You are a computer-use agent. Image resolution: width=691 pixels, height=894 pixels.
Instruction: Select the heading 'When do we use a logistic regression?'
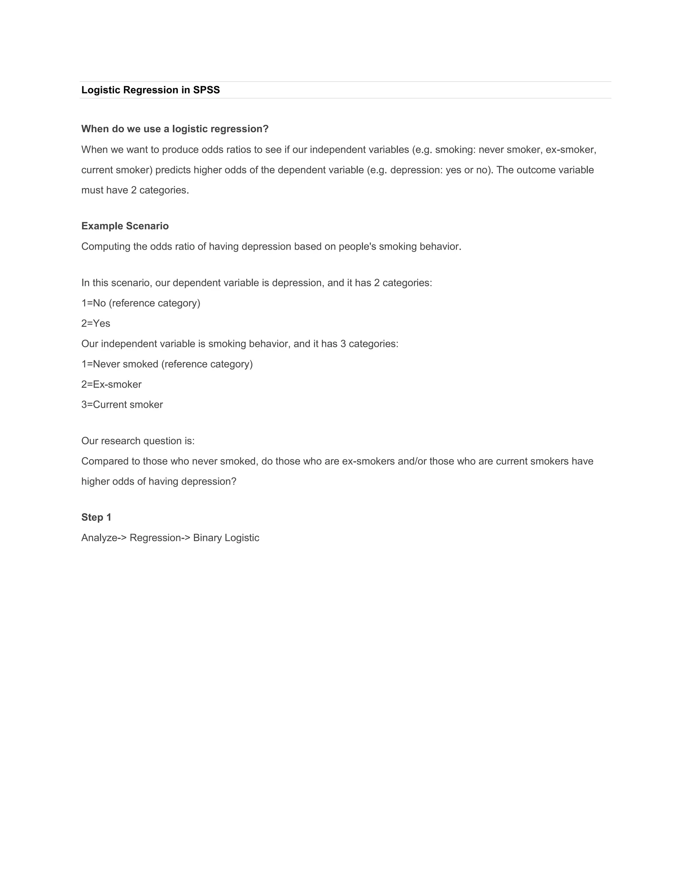(x=175, y=129)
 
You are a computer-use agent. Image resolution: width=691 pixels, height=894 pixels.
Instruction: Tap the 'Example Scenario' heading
(x=125, y=226)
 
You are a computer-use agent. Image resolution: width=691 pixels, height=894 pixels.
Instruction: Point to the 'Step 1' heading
(x=96, y=518)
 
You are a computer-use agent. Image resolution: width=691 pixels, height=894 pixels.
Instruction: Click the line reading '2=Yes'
(x=96, y=324)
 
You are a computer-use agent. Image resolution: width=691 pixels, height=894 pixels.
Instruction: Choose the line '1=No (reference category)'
(x=141, y=303)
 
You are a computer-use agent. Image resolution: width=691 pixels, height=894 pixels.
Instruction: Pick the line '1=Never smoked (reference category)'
(x=167, y=364)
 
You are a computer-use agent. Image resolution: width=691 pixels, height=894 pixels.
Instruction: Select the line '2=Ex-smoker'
(x=111, y=384)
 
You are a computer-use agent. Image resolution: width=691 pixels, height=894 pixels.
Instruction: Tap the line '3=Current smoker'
(x=122, y=405)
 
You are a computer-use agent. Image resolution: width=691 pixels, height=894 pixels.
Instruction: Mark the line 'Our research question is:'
(x=138, y=441)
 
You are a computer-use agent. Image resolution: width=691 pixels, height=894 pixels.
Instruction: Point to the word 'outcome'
(x=534, y=170)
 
